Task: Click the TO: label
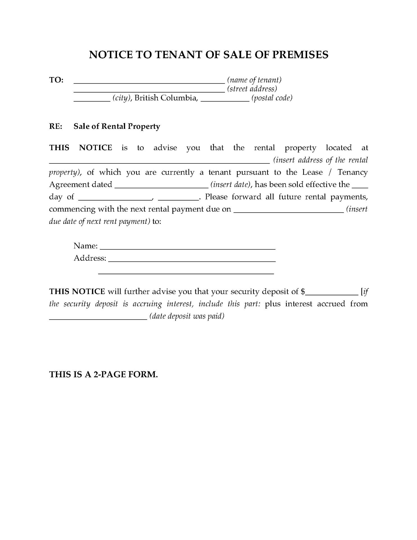point(56,80)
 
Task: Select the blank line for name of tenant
point(149,82)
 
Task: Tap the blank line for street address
point(149,91)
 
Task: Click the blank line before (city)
point(92,100)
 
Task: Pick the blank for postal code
point(225,100)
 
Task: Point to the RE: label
point(55,126)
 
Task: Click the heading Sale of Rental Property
point(117,126)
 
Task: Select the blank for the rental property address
point(159,162)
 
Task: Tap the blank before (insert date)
point(162,187)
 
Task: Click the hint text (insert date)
point(230,184)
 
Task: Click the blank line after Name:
point(188,248)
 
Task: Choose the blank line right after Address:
point(192,261)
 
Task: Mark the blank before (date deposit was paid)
point(98,319)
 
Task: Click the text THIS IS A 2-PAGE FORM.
point(103,374)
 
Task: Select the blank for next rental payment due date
point(288,211)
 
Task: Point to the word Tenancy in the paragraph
point(353,172)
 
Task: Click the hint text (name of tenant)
point(254,80)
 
